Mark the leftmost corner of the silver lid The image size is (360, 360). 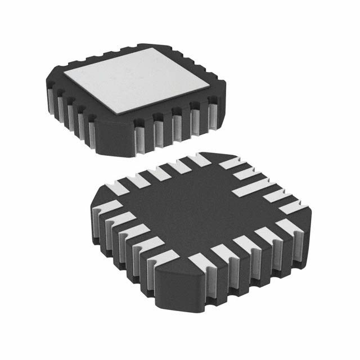64,74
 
